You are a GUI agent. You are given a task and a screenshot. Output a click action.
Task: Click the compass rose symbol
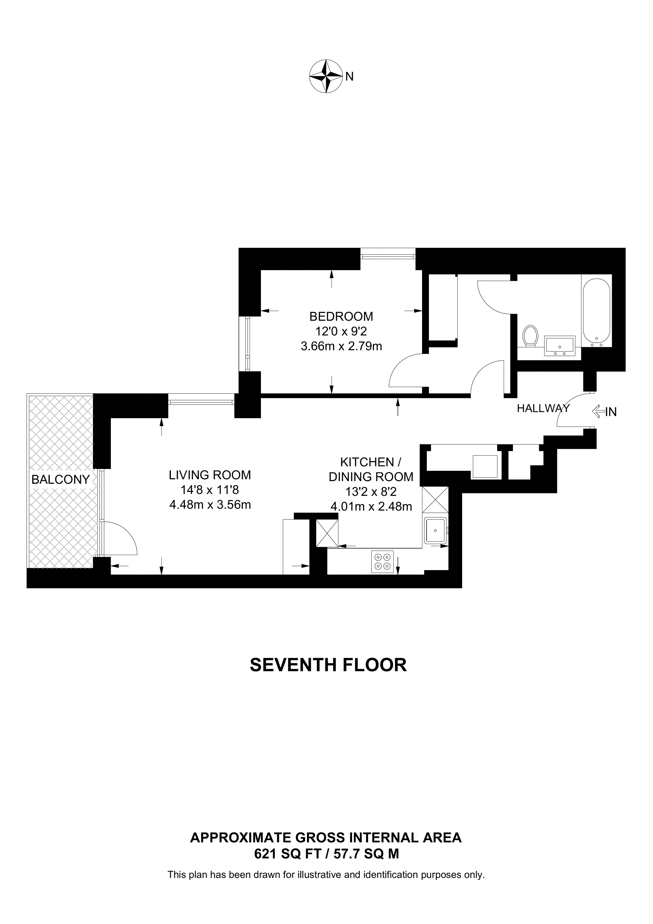(x=325, y=77)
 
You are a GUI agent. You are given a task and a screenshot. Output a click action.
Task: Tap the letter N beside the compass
(x=349, y=77)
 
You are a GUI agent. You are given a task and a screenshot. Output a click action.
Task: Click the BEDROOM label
(x=341, y=316)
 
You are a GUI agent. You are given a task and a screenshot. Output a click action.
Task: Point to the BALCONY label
(x=60, y=479)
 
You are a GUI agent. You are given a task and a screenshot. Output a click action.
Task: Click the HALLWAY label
(x=543, y=408)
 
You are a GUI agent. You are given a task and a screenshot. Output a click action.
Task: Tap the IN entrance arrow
(x=603, y=411)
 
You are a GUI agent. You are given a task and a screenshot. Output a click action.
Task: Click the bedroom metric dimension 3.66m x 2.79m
(x=341, y=346)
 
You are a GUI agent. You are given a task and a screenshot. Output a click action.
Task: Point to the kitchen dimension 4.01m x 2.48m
(x=371, y=506)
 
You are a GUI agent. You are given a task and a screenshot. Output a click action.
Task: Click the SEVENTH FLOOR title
(x=328, y=665)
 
